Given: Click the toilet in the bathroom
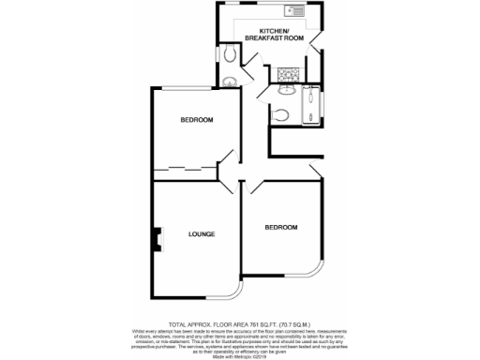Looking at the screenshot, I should (286, 114).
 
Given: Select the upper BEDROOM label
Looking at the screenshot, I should (197, 120).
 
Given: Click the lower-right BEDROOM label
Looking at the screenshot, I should (280, 228).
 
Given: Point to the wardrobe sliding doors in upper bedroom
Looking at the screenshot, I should (183, 170).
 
